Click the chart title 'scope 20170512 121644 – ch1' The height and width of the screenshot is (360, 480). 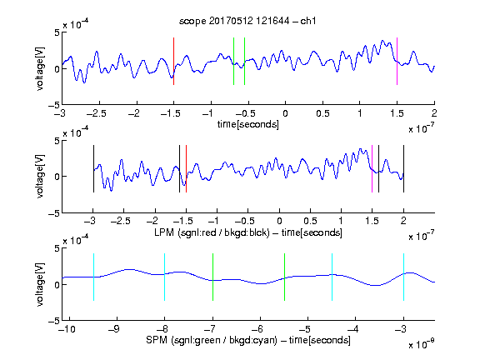click(247, 21)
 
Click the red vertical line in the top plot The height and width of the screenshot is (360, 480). click(173, 61)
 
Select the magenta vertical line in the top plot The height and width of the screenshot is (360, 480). click(397, 61)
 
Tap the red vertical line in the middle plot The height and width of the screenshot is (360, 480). click(186, 168)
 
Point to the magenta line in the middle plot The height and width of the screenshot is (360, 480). click(372, 168)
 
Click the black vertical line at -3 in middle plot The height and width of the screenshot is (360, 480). click(93, 168)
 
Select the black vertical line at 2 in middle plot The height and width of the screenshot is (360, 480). click(403, 168)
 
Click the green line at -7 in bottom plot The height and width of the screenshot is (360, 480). click(212, 277)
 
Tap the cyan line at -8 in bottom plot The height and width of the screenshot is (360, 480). click(165, 277)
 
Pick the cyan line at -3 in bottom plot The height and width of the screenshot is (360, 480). click(403, 277)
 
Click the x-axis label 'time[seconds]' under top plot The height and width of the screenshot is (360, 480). click(248, 124)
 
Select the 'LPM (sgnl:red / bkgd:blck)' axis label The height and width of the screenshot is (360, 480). click(212, 232)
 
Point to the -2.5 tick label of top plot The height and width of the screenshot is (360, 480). click(97, 113)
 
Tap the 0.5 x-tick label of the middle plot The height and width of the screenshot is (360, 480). click(310, 221)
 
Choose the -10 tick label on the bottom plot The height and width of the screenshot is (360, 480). click(67, 329)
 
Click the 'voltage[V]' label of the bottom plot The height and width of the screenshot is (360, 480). click(40, 284)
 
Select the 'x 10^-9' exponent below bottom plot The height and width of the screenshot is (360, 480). click(422, 344)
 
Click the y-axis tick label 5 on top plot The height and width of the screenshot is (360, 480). click(57, 32)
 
